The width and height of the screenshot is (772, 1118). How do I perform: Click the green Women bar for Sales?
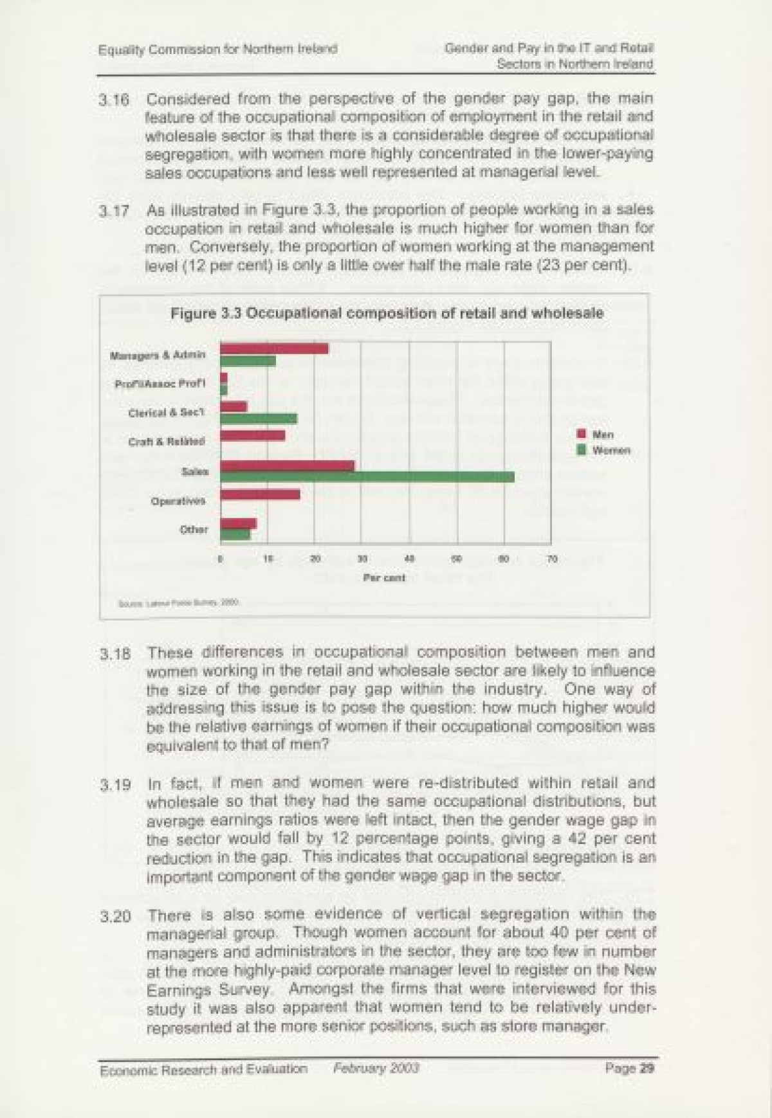(x=367, y=476)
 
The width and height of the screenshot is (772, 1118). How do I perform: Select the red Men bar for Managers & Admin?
(x=274, y=348)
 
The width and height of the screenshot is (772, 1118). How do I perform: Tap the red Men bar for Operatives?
(x=260, y=494)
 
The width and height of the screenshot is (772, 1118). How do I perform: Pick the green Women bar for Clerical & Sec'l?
(x=259, y=419)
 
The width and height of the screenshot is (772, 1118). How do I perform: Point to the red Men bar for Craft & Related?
(x=252, y=435)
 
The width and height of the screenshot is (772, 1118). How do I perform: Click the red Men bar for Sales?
(x=287, y=465)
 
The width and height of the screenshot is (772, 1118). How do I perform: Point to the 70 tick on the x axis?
(x=551, y=559)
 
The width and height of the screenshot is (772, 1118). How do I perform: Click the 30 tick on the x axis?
(x=362, y=559)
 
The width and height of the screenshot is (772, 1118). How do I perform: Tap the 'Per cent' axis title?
(x=384, y=577)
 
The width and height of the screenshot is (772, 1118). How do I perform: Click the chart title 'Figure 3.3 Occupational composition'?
(x=387, y=314)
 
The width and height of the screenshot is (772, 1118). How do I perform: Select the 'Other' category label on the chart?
(x=194, y=530)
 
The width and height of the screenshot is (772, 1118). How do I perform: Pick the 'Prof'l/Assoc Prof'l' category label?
(x=160, y=384)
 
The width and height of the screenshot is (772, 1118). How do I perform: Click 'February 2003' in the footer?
(x=376, y=1068)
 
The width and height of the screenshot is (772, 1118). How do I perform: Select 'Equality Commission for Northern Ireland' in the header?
(x=218, y=49)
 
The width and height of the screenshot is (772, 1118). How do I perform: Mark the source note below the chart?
(x=179, y=603)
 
